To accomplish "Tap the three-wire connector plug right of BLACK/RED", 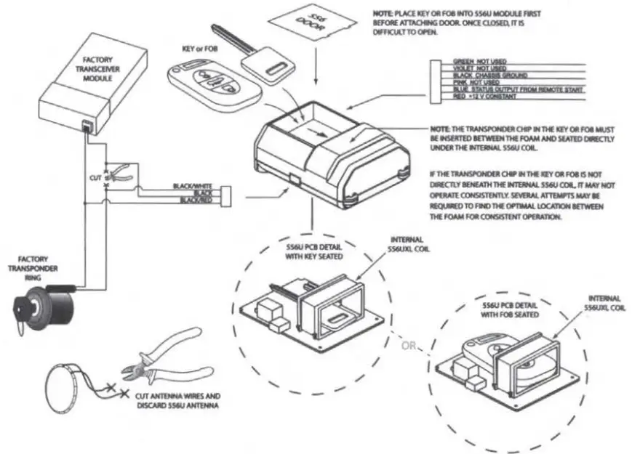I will click(225, 194).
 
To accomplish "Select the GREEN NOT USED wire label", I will click(479, 61).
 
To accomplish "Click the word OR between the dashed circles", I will click(409, 346).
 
